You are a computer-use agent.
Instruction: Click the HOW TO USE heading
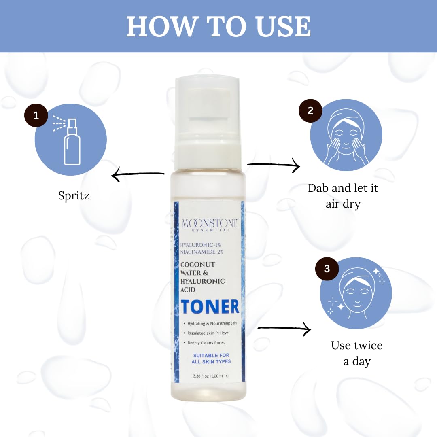point(218,26)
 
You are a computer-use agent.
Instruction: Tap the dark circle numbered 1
point(36,115)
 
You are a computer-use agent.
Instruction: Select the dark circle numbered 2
point(310,110)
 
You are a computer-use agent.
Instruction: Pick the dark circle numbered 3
point(327,269)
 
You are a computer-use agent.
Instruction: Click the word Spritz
point(74,196)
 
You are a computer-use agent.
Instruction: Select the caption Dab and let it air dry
point(343,195)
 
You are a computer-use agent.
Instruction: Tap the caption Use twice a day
point(356,353)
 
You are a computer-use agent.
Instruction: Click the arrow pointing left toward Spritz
point(138,175)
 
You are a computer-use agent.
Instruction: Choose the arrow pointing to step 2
point(274,165)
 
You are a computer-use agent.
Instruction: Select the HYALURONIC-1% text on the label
point(201,245)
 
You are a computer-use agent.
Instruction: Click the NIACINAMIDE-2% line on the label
point(202,252)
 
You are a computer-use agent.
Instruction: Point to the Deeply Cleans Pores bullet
point(206,342)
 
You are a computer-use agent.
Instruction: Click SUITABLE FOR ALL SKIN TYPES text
point(211,359)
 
